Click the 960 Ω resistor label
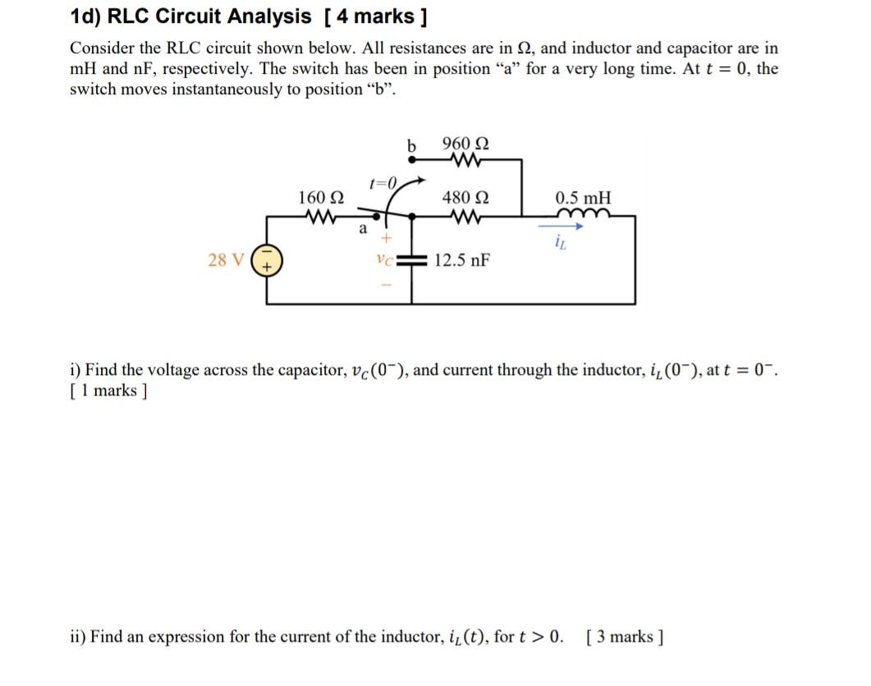pos(465,144)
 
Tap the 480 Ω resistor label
pos(465,198)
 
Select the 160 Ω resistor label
pos(321,198)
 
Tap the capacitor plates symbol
pos(410,260)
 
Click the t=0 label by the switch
pos(383,182)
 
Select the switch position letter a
pos(362,229)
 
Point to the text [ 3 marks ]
pos(626,637)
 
